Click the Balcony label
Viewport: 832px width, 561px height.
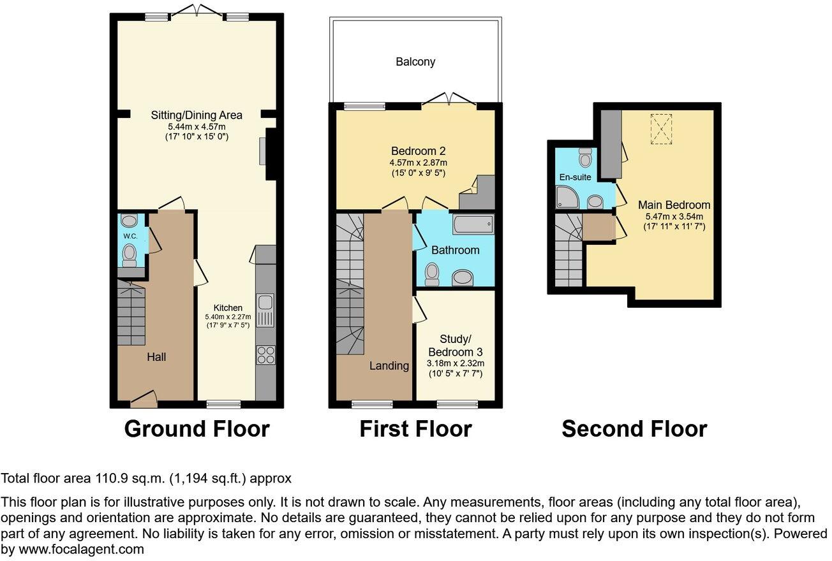pos(415,62)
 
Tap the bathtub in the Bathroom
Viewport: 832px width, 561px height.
pos(473,224)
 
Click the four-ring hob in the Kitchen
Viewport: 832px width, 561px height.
pos(266,354)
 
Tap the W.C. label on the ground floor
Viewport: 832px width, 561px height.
pos(130,237)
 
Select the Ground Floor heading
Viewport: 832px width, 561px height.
pos(197,429)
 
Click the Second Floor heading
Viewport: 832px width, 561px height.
pos(634,429)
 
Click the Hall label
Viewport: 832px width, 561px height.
pos(156,357)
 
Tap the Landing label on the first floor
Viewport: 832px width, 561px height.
pos(389,366)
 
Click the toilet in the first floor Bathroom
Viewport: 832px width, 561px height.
pos(433,274)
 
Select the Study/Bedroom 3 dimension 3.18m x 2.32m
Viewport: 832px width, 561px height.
pos(456,364)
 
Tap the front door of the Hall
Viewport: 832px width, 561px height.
pos(144,400)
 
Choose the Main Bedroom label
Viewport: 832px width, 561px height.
pos(674,205)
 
